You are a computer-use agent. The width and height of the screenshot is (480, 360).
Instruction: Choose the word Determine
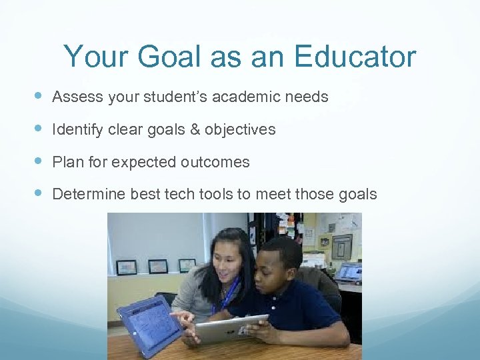pyautogui.click(x=89, y=195)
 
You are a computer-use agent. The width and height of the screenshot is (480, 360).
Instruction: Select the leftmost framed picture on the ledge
pyautogui.click(x=126, y=267)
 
